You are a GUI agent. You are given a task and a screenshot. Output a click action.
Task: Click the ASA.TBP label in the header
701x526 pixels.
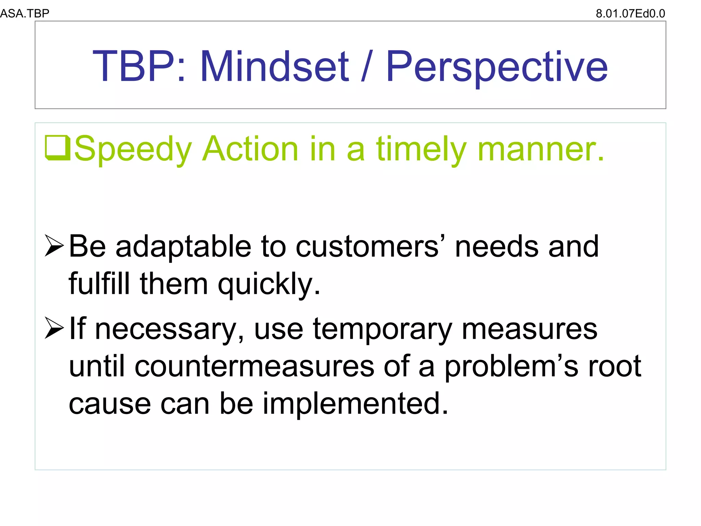point(25,13)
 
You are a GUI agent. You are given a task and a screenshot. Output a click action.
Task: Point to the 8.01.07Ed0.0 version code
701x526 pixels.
point(630,13)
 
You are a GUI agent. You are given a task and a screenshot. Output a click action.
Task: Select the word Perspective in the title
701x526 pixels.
point(497,67)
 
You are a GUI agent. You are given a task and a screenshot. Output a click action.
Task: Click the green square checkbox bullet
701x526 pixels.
point(57,148)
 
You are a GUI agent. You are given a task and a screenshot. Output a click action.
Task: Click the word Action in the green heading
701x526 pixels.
point(250,149)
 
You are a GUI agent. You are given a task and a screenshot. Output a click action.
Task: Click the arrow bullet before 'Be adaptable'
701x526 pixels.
point(54,246)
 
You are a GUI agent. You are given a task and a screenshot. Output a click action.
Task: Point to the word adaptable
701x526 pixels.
point(183,247)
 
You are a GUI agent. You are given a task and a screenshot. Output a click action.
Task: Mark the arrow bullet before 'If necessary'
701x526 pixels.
point(54,328)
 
